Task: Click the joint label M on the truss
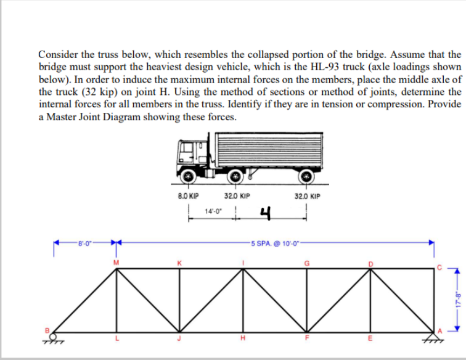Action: coord(112,262)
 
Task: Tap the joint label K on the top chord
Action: coord(179,262)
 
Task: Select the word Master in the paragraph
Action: coord(60,117)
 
